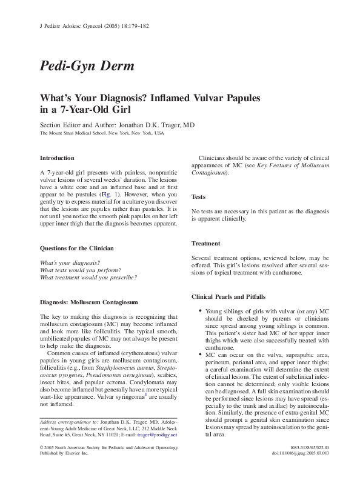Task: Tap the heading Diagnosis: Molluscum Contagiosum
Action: (89, 301)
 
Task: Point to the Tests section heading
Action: (199, 196)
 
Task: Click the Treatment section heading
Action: (205, 244)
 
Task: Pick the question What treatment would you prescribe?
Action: (88, 277)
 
